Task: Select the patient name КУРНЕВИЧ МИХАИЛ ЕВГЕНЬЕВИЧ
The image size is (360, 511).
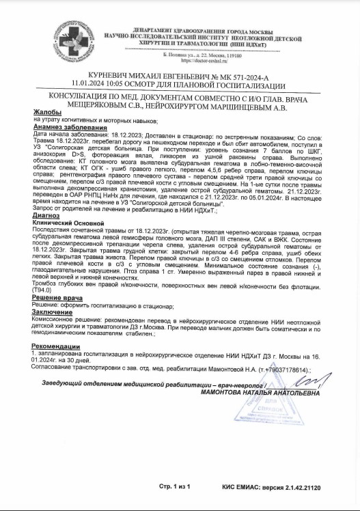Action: click(130, 79)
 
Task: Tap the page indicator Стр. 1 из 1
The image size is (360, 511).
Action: click(174, 487)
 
